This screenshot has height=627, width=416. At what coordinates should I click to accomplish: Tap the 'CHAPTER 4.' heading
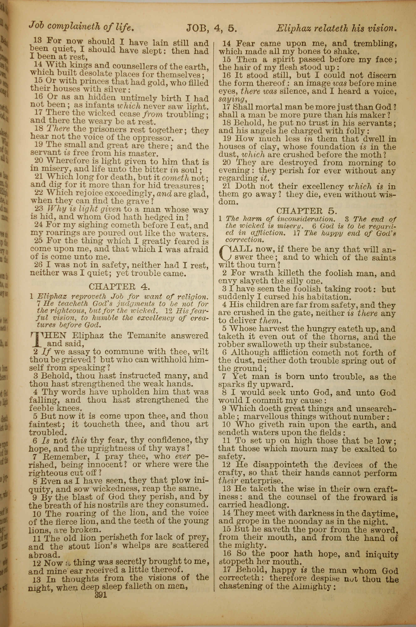(119, 287)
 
